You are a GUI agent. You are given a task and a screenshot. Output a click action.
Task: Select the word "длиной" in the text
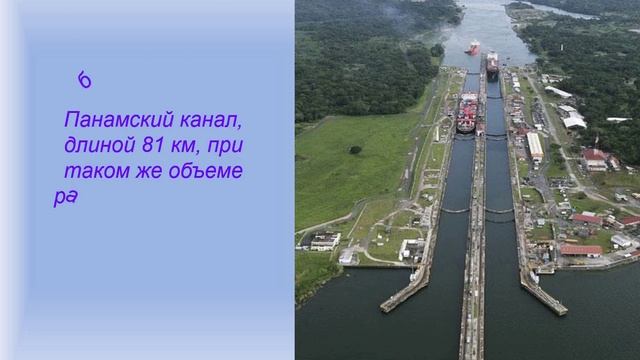point(96,146)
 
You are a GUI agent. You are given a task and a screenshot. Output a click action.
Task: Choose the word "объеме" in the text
point(207,171)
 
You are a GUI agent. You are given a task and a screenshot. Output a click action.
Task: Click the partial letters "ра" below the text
point(65,196)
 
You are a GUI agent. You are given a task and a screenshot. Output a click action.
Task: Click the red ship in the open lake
point(473,46)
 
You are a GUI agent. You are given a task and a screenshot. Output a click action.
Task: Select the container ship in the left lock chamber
point(467,112)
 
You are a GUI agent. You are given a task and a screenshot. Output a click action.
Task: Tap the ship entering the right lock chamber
point(492,66)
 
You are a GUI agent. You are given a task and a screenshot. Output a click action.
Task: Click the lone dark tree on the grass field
point(355,150)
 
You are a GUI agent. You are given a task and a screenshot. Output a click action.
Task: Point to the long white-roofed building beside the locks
point(535,147)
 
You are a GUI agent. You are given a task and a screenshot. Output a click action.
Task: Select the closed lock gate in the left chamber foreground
point(456,210)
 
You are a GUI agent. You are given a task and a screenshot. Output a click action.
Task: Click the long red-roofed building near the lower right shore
point(581,250)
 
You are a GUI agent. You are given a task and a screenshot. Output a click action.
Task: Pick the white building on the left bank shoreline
point(323,241)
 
